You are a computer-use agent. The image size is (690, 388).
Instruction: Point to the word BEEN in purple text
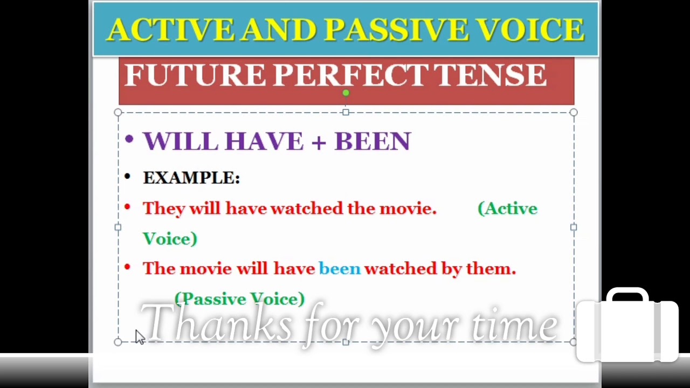point(372,142)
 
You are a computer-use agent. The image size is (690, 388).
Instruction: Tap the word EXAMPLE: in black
point(191,178)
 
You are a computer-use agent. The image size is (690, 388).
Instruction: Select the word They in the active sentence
point(164,209)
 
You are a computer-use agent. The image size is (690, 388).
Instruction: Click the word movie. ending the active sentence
point(408,209)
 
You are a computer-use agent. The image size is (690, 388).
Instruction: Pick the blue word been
point(340,268)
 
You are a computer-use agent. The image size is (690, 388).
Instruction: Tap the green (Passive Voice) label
point(240,299)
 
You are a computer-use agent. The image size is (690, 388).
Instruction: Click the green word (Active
point(507,209)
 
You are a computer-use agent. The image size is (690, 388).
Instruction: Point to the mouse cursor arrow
point(139,336)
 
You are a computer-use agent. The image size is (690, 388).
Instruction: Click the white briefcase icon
point(627,325)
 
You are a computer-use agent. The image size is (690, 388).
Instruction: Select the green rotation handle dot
point(346,93)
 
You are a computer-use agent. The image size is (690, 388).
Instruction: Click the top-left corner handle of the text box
point(118,113)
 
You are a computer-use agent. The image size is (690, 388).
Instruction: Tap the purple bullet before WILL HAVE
point(128,140)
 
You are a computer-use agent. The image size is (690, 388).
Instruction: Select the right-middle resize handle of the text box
point(574,227)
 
